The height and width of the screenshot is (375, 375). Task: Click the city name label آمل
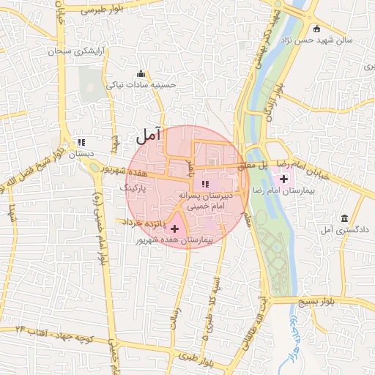pos(148,135)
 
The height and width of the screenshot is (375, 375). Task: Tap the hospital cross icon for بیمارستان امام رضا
pos(283,178)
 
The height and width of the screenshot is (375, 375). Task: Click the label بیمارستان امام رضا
pos(311,189)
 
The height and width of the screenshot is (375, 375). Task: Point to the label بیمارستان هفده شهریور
pos(174,240)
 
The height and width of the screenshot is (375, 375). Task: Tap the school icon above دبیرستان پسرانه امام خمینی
pos(206,184)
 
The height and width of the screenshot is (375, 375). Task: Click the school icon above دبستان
pos(81,142)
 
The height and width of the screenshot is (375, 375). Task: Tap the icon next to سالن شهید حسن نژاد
pos(316,29)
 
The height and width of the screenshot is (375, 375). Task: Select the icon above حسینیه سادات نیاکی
pos(141,73)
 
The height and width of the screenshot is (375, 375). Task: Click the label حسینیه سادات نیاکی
pos(142,85)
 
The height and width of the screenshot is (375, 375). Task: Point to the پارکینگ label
pos(134,188)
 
